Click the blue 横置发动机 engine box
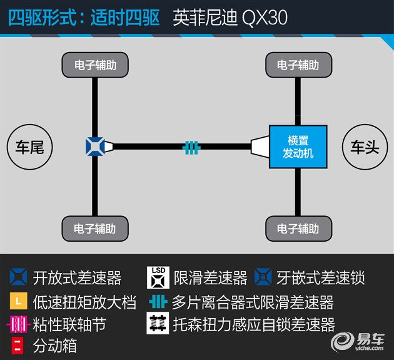click(x=298, y=147)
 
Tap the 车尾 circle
click(x=29, y=147)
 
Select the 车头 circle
click(x=365, y=147)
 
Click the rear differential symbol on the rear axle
click(x=95, y=147)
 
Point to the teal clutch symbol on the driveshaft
click(x=191, y=147)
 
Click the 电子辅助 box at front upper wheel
click(x=298, y=65)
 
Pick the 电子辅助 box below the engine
click(x=298, y=229)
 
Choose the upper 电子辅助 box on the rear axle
click(x=95, y=65)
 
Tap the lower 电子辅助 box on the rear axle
click(x=95, y=229)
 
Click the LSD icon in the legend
click(x=158, y=277)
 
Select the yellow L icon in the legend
click(x=19, y=301)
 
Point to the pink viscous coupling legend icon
click(x=18, y=324)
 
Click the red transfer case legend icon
click(x=18, y=345)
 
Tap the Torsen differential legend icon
click(x=158, y=323)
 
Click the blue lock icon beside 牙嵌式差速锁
click(x=263, y=277)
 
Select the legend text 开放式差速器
click(x=77, y=278)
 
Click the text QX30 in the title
click(x=265, y=18)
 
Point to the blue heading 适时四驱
click(x=125, y=18)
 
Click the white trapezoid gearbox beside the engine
click(x=260, y=147)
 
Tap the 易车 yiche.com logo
click(x=358, y=341)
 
